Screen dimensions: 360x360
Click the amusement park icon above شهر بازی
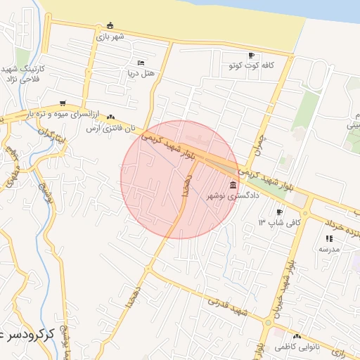pyautogui.click(x=110, y=26)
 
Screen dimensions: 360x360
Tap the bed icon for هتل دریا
pyautogui.click(x=141, y=63)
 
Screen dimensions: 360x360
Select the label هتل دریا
pyautogui.click(x=140, y=72)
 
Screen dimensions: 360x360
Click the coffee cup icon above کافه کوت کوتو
pyautogui.click(x=251, y=56)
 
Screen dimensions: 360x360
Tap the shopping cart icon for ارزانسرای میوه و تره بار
pyautogui.click(x=63, y=103)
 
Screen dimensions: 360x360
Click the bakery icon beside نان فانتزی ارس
pyautogui.click(x=110, y=118)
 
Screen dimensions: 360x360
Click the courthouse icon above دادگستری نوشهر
pyautogui.click(x=233, y=186)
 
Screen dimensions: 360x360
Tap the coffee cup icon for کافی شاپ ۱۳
pyautogui.click(x=279, y=212)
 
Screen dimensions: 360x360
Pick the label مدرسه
pyautogui.click(x=329, y=249)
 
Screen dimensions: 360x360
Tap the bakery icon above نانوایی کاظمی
pyautogui.click(x=296, y=337)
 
